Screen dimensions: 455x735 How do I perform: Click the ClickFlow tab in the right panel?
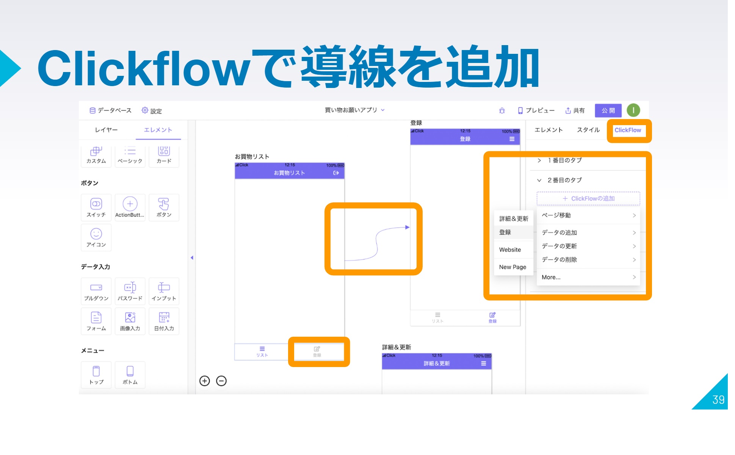coord(627,130)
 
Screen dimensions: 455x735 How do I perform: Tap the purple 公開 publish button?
coord(608,110)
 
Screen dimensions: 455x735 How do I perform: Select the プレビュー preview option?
coord(536,110)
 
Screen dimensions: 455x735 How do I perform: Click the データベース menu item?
coord(110,110)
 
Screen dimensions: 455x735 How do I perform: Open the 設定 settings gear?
coord(151,110)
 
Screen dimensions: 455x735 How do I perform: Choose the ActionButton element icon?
coord(130,207)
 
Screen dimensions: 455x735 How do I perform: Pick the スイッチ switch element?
coord(96,207)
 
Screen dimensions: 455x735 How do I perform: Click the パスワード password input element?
coord(130,291)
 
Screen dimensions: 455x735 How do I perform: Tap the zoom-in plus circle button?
coord(205,381)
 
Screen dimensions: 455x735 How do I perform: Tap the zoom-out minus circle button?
coord(221,381)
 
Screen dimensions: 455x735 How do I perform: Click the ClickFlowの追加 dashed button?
coord(588,198)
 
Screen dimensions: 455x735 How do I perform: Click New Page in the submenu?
coord(512,267)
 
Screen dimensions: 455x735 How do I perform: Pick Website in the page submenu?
coord(510,249)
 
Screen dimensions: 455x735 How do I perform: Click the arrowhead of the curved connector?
coord(407,227)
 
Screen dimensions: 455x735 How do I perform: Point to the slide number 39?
coord(718,400)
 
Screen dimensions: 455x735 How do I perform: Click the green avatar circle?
coord(633,110)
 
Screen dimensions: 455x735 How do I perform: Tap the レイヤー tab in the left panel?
coord(106,130)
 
